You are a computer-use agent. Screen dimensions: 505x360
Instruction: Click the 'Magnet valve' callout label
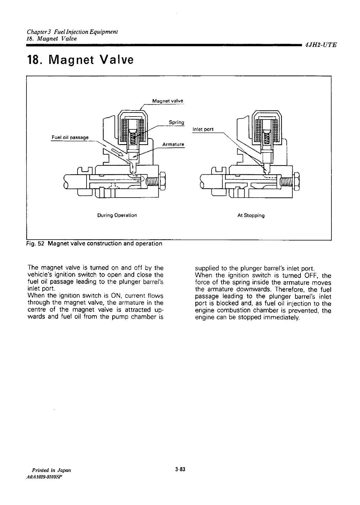(x=167, y=101)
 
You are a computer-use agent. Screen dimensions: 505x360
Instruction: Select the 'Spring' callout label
(x=176, y=122)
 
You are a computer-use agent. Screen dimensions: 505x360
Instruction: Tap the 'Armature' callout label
(x=173, y=144)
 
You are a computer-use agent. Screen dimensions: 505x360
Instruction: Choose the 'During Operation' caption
(x=117, y=215)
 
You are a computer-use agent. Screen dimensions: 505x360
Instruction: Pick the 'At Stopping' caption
(x=251, y=215)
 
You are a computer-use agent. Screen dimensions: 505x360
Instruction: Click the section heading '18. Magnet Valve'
(x=80, y=60)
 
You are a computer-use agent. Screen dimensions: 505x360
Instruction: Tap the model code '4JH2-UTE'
(x=320, y=45)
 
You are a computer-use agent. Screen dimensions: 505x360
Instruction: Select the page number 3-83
(x=180, y=470)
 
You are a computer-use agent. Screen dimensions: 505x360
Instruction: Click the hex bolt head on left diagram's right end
(x=162, y=181)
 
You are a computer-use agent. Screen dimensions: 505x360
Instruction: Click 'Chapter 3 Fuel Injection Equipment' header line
(x=72, y=32)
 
